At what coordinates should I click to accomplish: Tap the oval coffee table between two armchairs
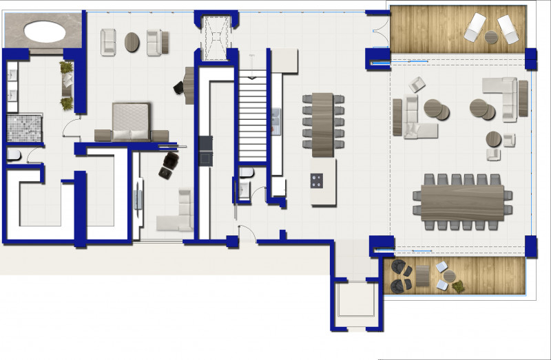pos(132,42)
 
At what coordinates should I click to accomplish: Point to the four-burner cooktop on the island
pos(318,181)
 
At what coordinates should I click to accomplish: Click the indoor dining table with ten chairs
pos(323,124)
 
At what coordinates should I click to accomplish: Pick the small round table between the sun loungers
pos(491,37)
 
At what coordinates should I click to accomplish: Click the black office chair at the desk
pos(178,87)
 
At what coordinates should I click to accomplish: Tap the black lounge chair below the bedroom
pos(169,165)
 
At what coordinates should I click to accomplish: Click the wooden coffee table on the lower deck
pos(422,275)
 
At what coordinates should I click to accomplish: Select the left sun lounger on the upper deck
pos(475,28)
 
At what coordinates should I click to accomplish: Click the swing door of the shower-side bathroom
pos(70,127)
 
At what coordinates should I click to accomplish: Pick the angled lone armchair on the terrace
pos(417,85)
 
